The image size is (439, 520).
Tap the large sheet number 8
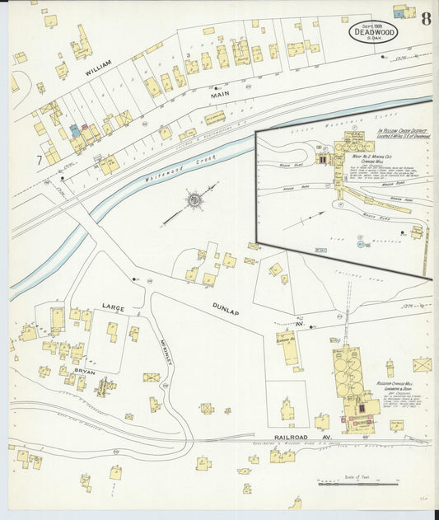tap(425, 19)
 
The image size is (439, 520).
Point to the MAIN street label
tap(219, 95)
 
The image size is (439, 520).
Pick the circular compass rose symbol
tap(194, 200)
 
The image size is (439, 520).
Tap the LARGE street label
tap(113, 307)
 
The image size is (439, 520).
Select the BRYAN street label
tap(86, 372)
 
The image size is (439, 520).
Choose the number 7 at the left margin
tap(39, 158)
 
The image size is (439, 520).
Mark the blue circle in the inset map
tap(361, 243)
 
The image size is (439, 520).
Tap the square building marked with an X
tap(422, 364)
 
